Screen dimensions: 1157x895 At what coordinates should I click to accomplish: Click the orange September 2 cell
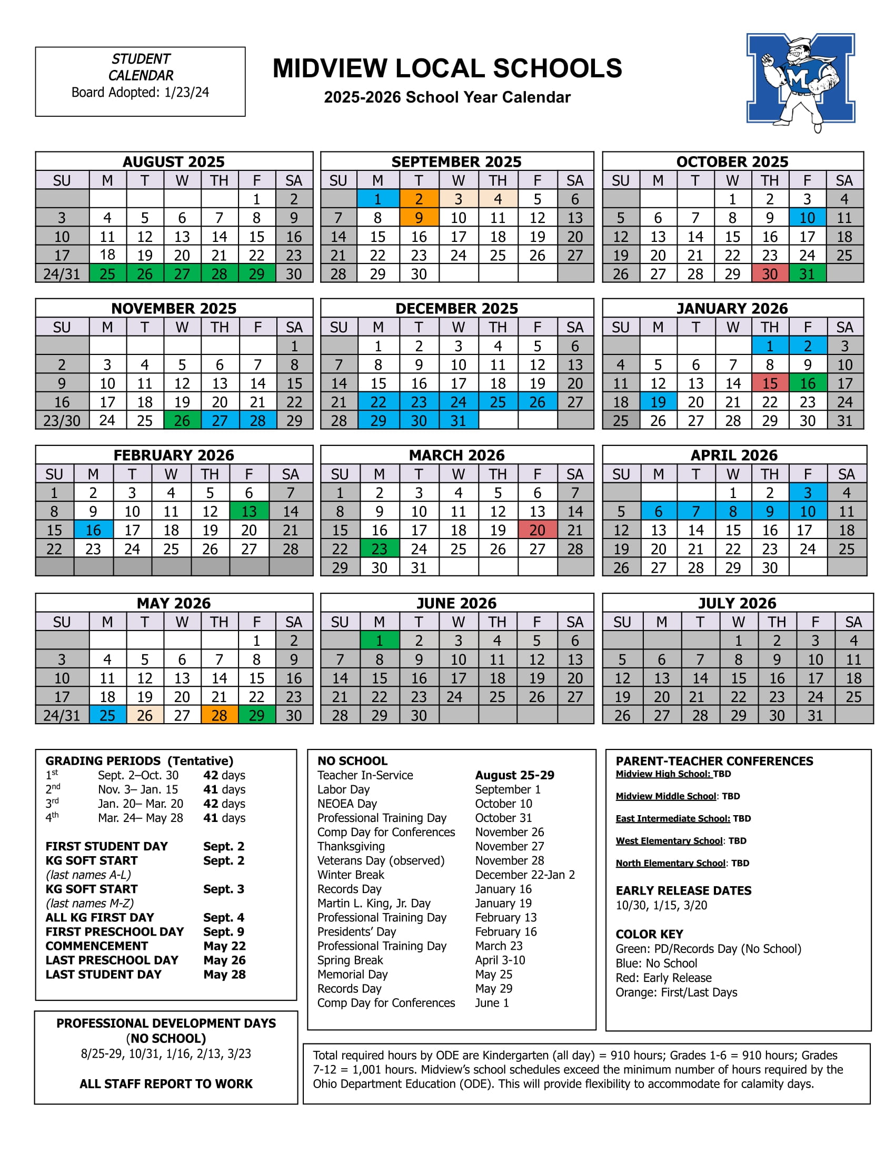tap(419, 199)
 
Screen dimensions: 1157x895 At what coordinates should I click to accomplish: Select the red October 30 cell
tap(769, 274)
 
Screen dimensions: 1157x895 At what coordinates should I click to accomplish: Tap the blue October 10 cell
tap(807, 218)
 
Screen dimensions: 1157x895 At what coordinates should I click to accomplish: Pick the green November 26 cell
tap(182, 421)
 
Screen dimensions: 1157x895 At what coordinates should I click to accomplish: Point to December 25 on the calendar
tap(498, 402)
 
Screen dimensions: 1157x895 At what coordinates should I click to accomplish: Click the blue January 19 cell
tap(658, 402)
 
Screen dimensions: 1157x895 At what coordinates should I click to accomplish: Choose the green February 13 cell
tap(248, 512)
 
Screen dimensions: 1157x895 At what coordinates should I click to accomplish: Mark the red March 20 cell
tap(537, 530)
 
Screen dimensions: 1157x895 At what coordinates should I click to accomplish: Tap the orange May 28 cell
tap(219, 716)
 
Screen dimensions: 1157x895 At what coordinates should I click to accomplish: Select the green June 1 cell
tap(379, 641)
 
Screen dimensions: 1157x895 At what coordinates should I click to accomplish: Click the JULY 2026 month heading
tap(737, 603)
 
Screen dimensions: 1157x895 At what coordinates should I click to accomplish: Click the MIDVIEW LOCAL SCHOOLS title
tap(447, 68)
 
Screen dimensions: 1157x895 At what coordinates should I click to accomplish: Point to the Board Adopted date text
tap(141, 92)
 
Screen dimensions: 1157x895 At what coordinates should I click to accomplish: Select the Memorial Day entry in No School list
tap(353, 974)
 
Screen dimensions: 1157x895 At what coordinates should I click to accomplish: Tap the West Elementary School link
tap(669, 841)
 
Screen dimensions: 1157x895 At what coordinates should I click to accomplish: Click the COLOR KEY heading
tap(649, 934)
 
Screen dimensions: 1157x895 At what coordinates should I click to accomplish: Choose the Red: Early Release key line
tap(663, 978)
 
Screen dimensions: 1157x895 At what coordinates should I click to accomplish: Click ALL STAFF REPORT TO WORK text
tap(166, 1084)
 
